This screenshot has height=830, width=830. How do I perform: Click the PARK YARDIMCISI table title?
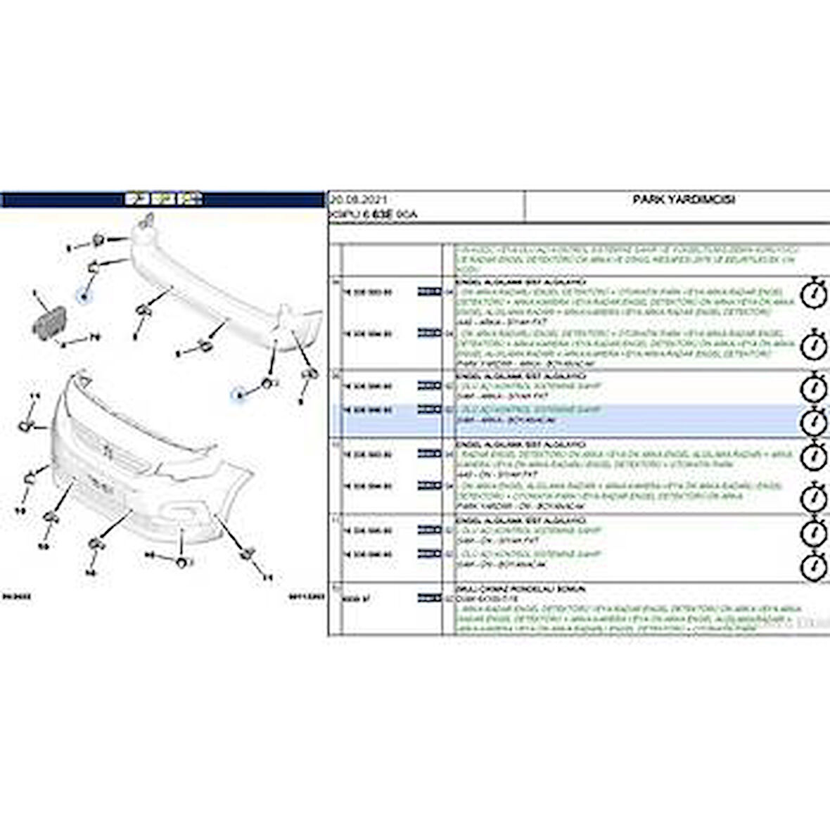(x=684, y=200)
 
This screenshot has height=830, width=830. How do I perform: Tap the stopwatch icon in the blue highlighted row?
(x=814, y=421)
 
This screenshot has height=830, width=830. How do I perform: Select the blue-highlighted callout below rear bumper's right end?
(x=239, y=395)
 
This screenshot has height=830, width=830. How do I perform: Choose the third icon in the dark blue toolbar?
(x=191, y=200)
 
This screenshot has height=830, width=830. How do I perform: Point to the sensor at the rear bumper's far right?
(x=307, y=374)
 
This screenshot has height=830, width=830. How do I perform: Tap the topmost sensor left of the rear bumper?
(x=98, y=241)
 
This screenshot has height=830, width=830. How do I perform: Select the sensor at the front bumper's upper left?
(x=27, y=424)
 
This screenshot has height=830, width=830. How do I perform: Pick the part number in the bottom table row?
(x=351, y=597)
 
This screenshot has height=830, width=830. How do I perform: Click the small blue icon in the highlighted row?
(x=426, y=409)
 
